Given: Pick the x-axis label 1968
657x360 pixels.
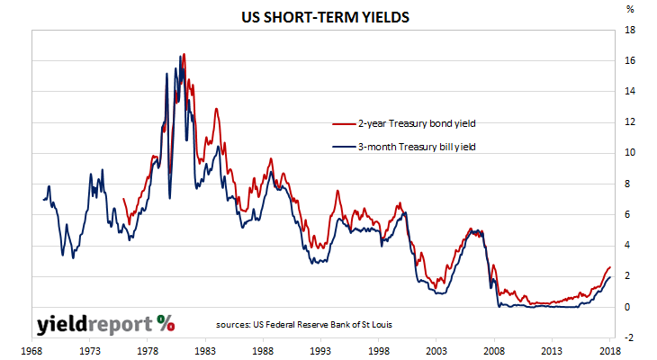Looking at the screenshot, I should click(33, 351).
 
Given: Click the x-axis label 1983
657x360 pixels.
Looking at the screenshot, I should click(204, 351).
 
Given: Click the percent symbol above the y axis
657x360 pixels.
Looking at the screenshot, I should click(629, 10).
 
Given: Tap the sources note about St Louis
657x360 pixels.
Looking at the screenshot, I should click(304, 323).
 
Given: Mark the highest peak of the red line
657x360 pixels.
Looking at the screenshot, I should click(184, 54).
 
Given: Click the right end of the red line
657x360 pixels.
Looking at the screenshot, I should click(610, 266).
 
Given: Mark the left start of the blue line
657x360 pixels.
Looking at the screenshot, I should click(42, 199).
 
